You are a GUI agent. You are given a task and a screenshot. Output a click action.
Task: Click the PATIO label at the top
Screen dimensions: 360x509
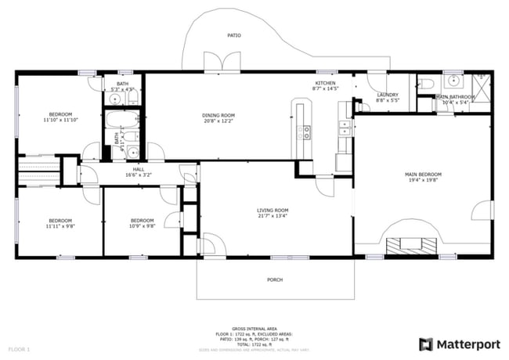233,35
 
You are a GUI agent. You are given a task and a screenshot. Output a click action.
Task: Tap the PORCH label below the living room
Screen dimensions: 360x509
275,279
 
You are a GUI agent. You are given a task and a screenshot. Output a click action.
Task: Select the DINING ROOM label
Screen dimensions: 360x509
219,116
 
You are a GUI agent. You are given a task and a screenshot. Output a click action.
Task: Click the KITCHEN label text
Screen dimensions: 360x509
325,83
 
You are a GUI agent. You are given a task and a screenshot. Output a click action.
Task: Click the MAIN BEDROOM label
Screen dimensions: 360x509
423,174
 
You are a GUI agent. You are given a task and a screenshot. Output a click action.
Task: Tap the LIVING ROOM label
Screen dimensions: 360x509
273,210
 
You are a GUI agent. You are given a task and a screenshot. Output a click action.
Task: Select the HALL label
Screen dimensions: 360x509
139,169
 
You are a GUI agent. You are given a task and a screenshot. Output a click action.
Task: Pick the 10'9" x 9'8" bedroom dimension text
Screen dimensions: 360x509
143,227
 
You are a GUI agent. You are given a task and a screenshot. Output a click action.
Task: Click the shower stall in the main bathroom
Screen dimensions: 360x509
479,85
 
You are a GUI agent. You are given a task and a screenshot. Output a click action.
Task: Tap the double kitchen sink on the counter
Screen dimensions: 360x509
342,129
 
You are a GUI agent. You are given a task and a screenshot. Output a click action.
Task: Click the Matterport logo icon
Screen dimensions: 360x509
426,344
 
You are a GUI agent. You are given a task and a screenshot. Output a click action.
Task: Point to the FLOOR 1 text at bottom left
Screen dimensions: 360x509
19,347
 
